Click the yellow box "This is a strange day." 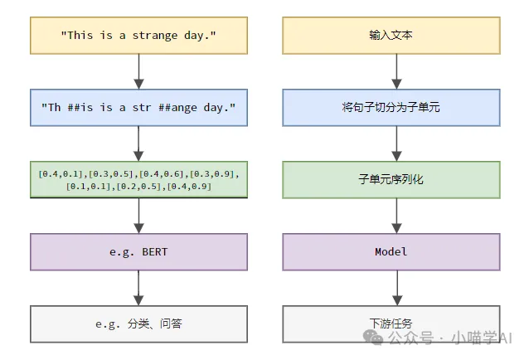138,36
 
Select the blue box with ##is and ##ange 138,107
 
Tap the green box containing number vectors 138,179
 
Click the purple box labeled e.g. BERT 138,251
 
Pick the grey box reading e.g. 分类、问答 138,324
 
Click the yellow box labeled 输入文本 391,36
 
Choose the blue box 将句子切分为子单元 391,107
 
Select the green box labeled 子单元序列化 391,179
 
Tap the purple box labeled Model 391,251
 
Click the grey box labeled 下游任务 391,324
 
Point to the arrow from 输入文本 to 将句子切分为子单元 396,71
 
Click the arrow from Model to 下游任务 396,288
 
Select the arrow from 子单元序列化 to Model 396,216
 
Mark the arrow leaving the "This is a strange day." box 139,71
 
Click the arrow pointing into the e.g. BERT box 139,216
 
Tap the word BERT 153,251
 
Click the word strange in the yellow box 156,36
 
